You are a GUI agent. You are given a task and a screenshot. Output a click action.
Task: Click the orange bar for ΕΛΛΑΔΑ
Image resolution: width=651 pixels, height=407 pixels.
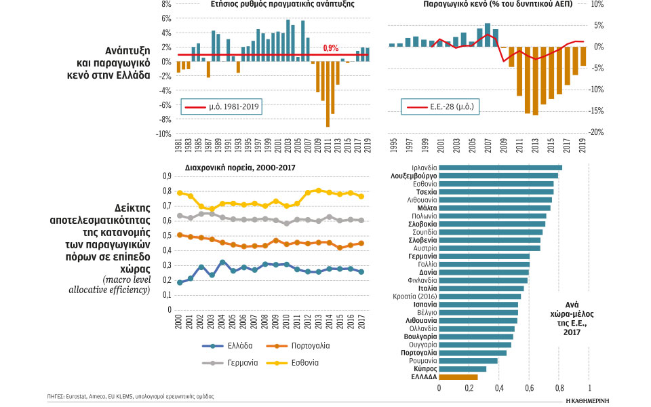(458, 377)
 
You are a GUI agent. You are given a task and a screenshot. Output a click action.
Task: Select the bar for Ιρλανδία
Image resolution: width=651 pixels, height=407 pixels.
(500, 168)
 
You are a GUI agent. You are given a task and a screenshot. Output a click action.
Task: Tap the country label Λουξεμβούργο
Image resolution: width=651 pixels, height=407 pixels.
(412, 176)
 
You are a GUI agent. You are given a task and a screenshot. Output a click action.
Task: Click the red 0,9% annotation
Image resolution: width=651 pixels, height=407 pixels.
(331, 48)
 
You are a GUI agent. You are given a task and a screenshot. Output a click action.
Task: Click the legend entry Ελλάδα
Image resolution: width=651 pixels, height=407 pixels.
(233, 346)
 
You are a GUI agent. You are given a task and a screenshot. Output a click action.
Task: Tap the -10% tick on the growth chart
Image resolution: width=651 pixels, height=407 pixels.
(163, 134)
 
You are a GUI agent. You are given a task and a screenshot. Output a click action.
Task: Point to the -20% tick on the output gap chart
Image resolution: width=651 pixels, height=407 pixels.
(597, 132)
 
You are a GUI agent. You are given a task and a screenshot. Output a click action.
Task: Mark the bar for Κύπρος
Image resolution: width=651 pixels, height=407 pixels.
(462, 369)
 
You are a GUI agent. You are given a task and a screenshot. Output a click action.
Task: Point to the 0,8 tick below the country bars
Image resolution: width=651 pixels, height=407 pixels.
(559, 388)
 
